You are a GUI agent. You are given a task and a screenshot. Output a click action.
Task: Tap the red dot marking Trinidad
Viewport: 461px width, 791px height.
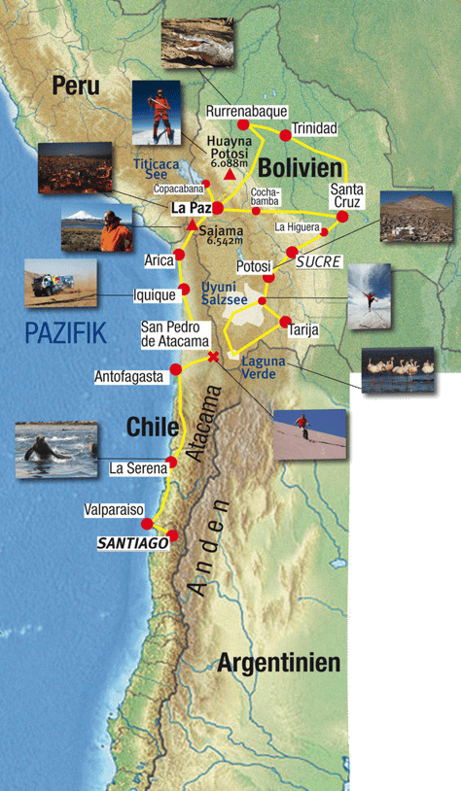(285, 135)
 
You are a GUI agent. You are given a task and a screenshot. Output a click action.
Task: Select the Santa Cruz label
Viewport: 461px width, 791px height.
(346, 195)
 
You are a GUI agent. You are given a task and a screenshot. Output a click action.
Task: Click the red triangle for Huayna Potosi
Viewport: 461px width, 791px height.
(229, 162)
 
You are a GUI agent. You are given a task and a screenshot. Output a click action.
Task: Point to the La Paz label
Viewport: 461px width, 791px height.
(190, 208)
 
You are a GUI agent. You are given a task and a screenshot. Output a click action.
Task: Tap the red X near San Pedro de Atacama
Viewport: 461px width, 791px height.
(214, 358)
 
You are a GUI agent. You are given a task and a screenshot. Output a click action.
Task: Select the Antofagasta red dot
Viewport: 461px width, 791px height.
(176, 369)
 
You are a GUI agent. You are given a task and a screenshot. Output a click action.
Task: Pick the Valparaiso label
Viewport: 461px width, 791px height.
(114, 509)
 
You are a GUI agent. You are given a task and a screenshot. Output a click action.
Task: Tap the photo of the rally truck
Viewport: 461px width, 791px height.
(61, 283)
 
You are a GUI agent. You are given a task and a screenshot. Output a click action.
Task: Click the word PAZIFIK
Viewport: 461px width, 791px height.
(65, 335)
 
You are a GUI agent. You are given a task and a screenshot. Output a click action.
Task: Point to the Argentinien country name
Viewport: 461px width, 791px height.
(278, 664)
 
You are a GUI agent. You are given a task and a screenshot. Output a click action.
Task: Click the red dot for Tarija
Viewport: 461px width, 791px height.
(285, 321)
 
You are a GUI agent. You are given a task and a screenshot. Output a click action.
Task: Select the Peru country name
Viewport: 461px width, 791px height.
(76, 86)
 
